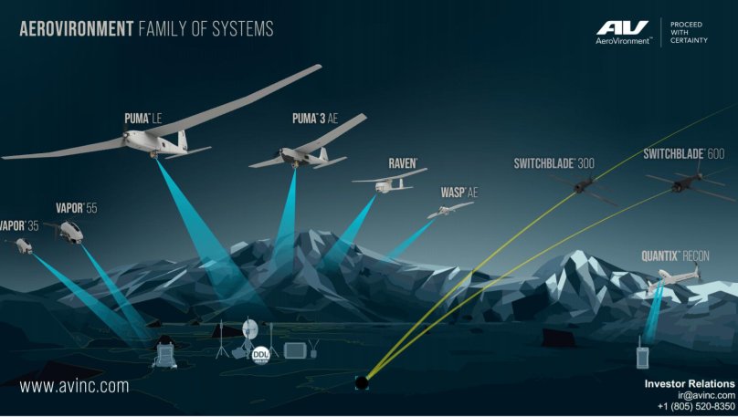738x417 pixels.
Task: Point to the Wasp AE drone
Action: tap(449, 210)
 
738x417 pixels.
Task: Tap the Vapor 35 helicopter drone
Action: tap(17, 245)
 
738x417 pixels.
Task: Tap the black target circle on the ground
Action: tap(362, 381)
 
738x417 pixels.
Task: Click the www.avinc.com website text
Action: tap(74, 386)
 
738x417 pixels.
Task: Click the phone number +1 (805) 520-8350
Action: tap(696, 406)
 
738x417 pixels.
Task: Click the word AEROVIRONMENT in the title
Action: tap(77, 29)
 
